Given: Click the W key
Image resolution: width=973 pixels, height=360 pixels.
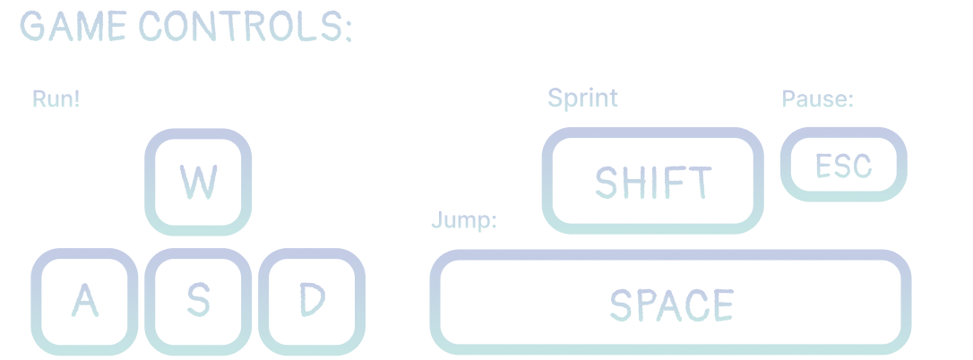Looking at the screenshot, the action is click(x=198, y=182).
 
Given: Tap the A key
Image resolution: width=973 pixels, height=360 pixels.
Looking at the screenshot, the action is click(x=84, y=302).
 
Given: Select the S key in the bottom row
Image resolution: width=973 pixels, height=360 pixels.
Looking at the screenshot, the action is click(x=198, y=302).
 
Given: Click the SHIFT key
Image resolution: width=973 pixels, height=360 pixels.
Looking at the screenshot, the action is click(x=653, y=181).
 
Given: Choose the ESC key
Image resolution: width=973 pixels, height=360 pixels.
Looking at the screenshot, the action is click(x=844, y=165).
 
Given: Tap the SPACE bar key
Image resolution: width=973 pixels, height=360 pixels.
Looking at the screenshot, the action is click(x=670, y=303).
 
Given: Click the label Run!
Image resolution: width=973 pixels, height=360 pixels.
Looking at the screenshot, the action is click(x=56, y=99).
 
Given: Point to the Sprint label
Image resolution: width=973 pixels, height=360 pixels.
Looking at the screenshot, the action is click(x=582, y=99).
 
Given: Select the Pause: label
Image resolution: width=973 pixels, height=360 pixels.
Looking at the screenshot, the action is click(x=818, y=99).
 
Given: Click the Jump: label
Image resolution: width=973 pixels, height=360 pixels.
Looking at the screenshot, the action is click(x=464, y=219).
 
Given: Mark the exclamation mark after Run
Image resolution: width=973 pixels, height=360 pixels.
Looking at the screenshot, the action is click(x=76, y=99).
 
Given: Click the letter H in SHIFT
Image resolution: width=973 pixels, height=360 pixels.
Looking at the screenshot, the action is click(x=632, y=182).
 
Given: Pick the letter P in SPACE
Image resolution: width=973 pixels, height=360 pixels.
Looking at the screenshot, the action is click(x=645, y=304).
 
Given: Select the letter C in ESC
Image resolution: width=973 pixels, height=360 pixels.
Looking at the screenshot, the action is click(x=863, y=166).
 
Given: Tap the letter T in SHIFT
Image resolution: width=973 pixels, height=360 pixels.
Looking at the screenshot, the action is click(x=701, y=182).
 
